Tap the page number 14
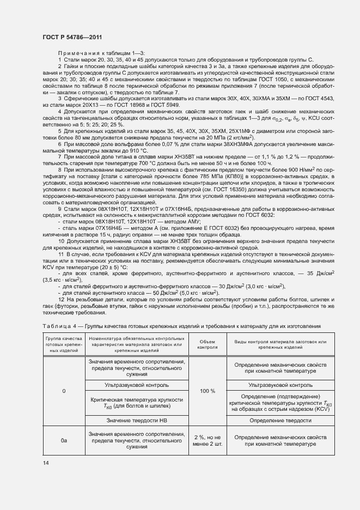point(45,463)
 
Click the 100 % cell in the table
point(208,391)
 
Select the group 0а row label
point(64,440)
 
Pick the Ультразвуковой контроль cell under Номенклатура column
point(137,385)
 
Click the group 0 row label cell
point(64,391)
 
